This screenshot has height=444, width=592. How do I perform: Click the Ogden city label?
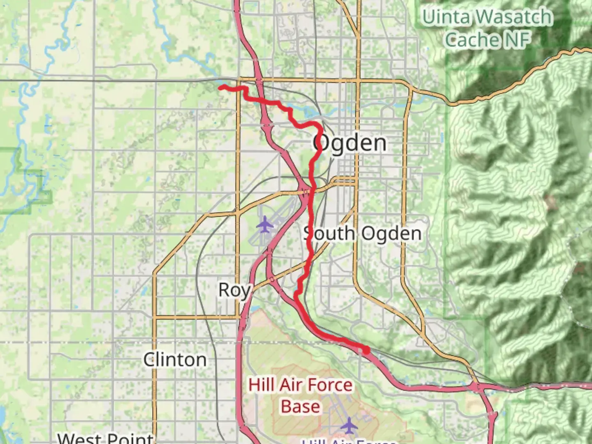[350, 143]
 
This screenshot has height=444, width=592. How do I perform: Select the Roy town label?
[234, 290]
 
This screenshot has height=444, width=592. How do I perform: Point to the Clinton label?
[175, 360]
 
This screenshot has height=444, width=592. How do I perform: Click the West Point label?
[105, 438]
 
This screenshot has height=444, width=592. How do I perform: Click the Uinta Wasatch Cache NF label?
[488, 28]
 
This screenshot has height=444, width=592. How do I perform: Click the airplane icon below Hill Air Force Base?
[349, 425]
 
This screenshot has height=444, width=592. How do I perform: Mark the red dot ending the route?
[365, 350]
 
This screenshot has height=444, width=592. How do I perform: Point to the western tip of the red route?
[220, 87]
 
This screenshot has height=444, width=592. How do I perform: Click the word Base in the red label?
[301, 407]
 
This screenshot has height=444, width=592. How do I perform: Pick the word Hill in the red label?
[261, 385]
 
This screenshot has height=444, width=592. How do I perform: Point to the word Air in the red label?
[291, 385]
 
